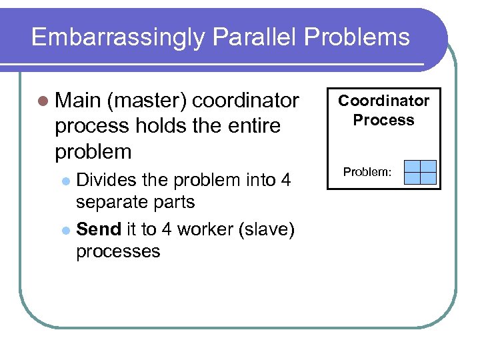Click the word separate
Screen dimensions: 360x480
pyautogui.click(x=115, y=202)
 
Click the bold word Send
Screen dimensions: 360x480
pyautogui.click(x=99, y=229)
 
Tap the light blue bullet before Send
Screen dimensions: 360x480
pyautogui.click(x=65, y=230)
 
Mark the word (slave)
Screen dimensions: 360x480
pyautogui.click(x=266, y=229)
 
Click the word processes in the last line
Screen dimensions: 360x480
pyautogui.click(x=118, y=251)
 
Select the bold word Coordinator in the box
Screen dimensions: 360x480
pyautogui.click(x=383, y=101)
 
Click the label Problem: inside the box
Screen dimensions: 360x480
pyautogui.click(x=367, y=172)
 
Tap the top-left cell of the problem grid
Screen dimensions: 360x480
pyautogui.click(x=413, y=167)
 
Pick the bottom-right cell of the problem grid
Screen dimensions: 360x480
pyautogui.click(x=429, y=178)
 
